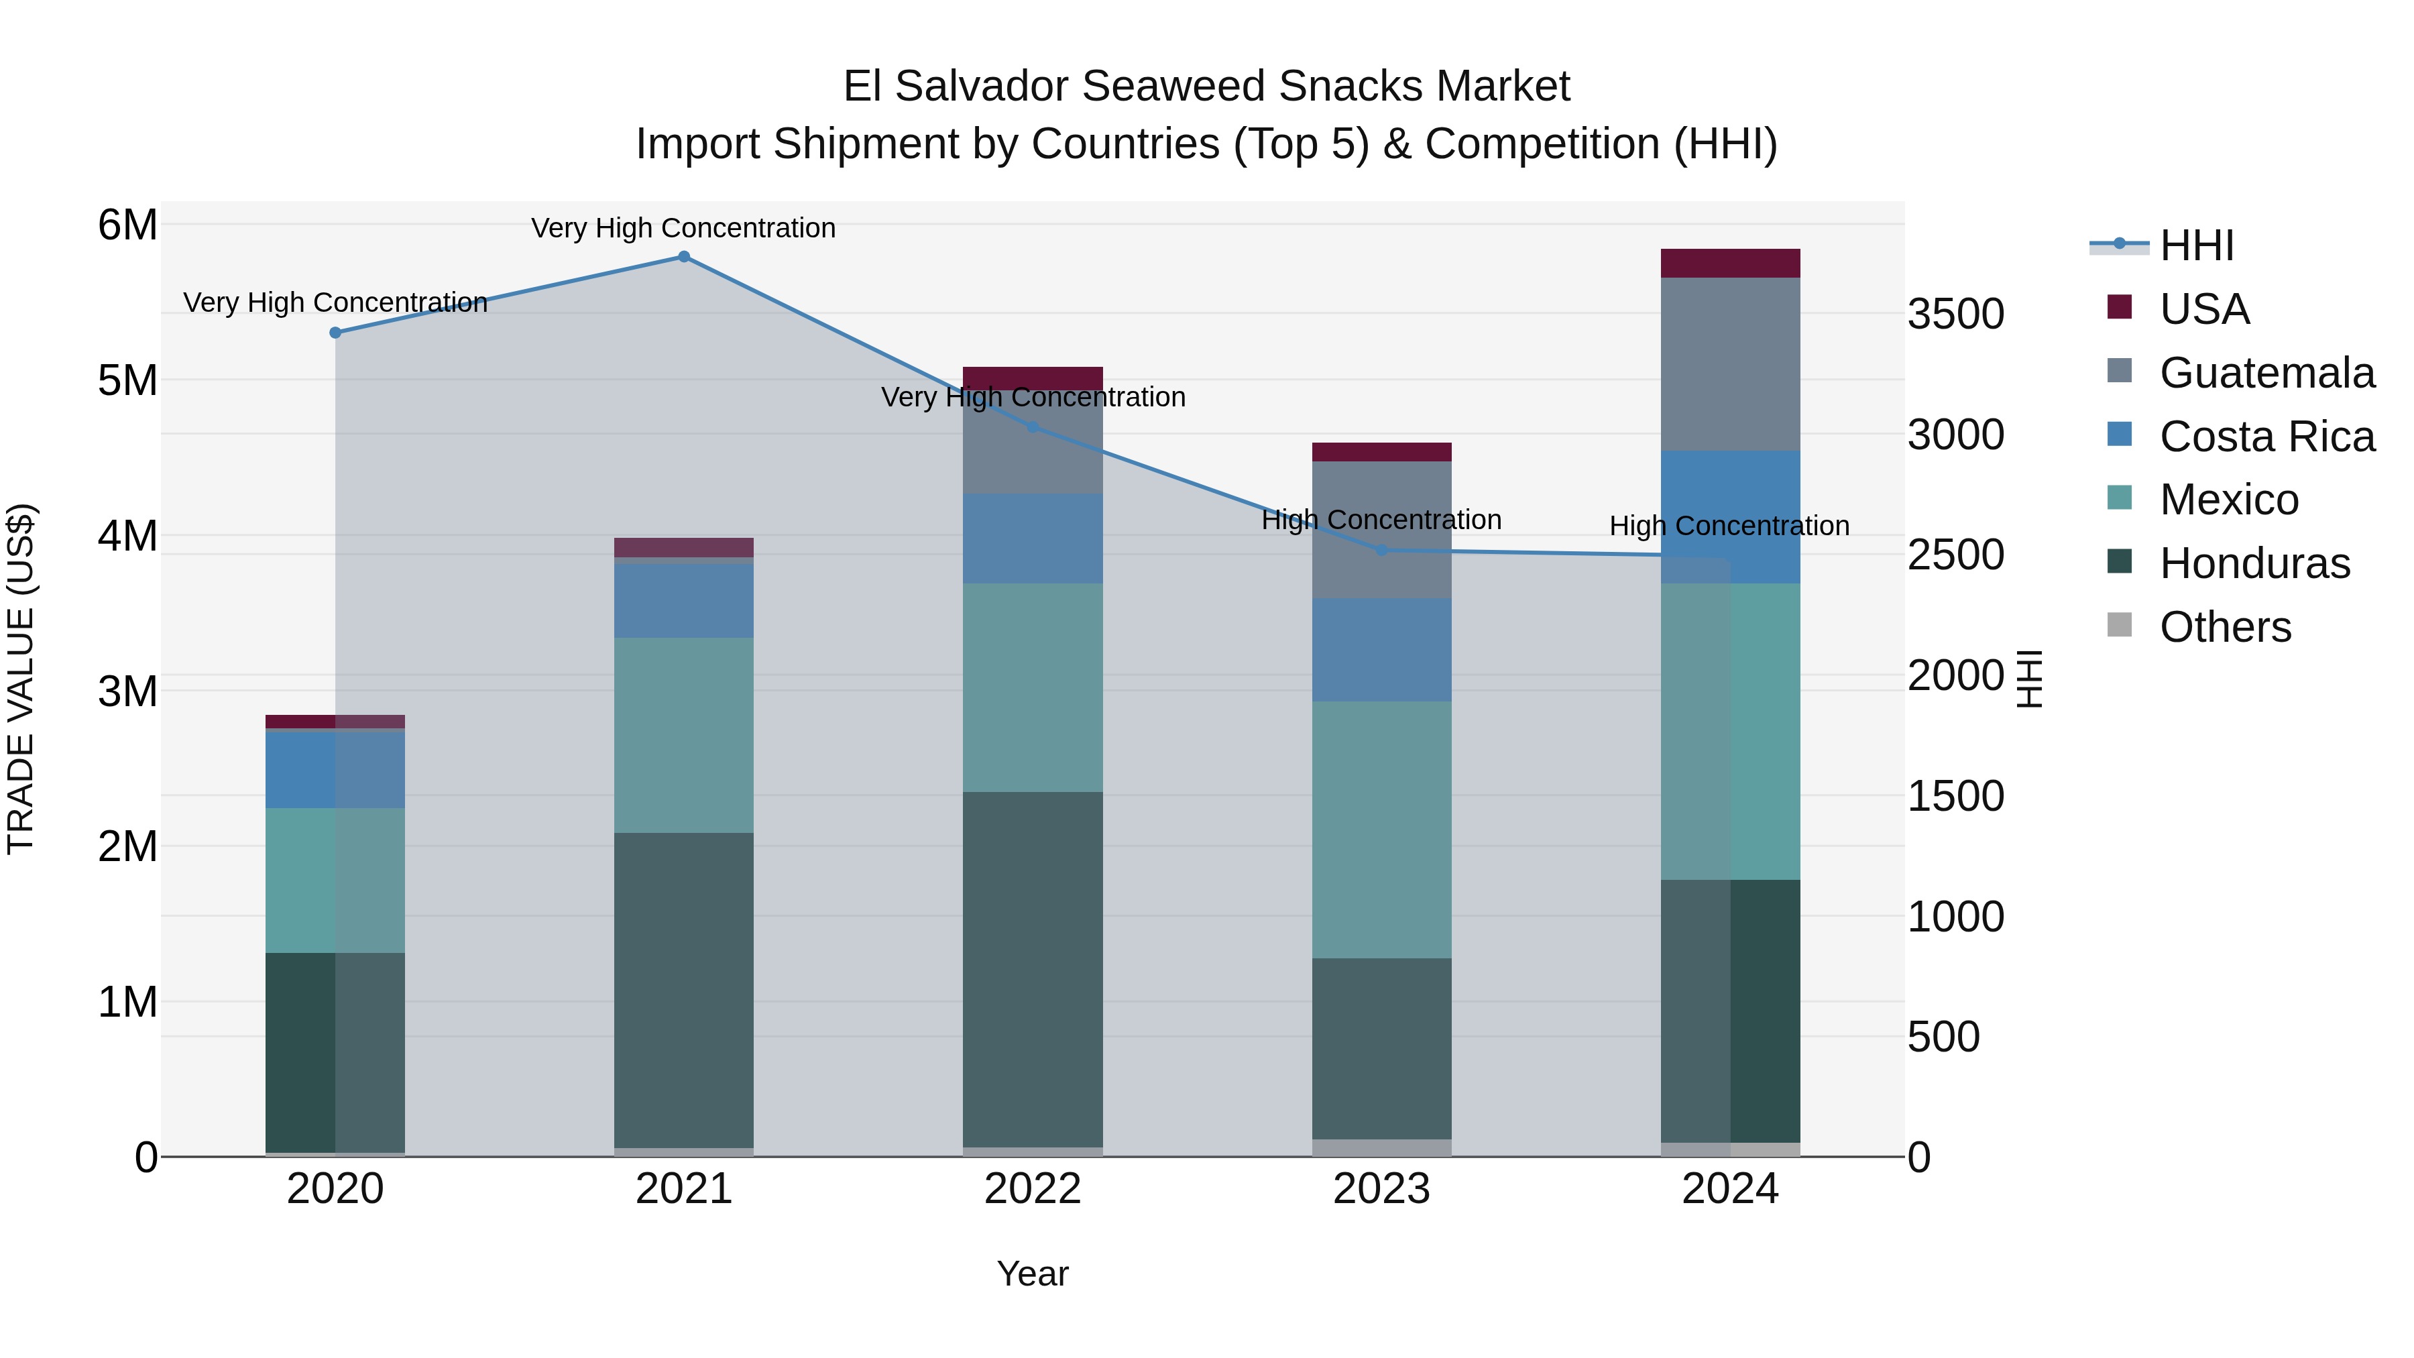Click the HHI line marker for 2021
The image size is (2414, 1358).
(683, 257)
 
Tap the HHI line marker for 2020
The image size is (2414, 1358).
(335, 333)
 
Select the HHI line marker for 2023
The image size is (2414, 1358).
(1381, 550)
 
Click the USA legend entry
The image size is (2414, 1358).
(2203, 309)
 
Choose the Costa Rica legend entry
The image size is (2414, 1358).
(2266, 437)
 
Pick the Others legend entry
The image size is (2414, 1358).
(2225, 627)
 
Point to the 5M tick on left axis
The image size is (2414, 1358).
(127, 380)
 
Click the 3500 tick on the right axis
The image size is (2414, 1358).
(1956, 314)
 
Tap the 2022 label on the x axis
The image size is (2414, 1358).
(1033, 1189)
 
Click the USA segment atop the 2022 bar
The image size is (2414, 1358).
(1033, 378)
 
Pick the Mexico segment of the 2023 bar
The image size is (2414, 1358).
(1381, 830)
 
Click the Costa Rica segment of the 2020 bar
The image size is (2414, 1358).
(335, 769)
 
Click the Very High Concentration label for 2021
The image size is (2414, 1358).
(683, 228)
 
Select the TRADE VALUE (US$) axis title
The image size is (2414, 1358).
(21, 679)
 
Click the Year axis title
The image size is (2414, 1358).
(1033, 1274)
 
